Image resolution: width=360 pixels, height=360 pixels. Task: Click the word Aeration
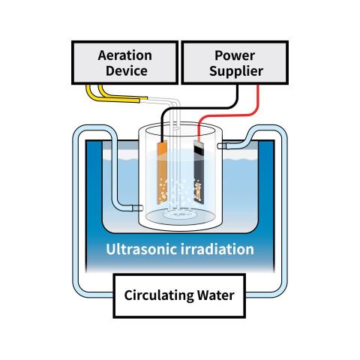[124, 55]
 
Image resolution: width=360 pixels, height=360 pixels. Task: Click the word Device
[127, 70]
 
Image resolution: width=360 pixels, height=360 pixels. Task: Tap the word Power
[235, 55]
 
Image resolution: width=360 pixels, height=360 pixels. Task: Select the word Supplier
[236, 71]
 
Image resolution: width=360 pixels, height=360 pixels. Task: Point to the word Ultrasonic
[141, 249]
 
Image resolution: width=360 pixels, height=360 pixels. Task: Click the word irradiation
[217, 249]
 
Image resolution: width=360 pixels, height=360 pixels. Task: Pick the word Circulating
[159, 295]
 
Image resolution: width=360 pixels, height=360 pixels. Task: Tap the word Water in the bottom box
[216, 295]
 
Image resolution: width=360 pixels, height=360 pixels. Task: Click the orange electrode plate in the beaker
[162, 172]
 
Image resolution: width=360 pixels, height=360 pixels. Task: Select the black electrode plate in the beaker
[199, 172]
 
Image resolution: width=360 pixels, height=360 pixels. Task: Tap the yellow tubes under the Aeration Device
[112, 96]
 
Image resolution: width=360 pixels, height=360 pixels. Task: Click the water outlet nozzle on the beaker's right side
[223, 145]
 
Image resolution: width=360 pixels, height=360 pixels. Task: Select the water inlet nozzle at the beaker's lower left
[137, 208]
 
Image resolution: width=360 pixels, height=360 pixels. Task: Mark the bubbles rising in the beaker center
[178, 195]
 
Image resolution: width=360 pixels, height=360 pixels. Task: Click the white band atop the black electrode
[198, 144]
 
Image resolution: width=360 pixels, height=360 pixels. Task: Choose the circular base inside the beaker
[180, 216]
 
